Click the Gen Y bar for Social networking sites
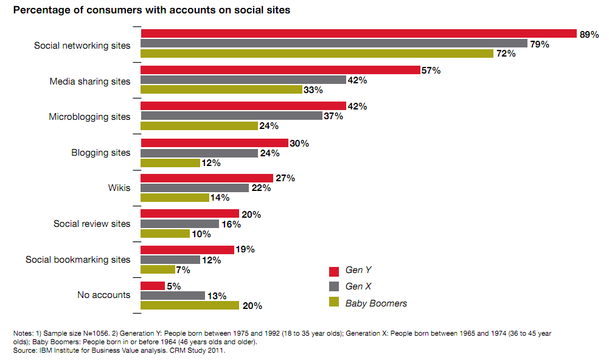pos(358,33)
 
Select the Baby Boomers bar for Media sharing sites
pos(221,90)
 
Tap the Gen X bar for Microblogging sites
pos(231,116)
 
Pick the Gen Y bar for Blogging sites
pos(214,143)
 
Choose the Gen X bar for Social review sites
pos(179,224)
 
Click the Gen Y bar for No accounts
pos(153,286)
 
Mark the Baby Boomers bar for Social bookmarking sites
pos(157,269)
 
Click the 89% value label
pos(589,34)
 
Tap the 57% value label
pos(431,71)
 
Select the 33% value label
pos(313,90)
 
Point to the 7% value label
pos(183,269)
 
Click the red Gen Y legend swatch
pos(333,271)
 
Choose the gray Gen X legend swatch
pos(333,287)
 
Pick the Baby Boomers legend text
pos(376,303)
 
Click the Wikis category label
pos(119,188)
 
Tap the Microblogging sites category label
pos(89,116)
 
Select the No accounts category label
pos(103,295)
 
